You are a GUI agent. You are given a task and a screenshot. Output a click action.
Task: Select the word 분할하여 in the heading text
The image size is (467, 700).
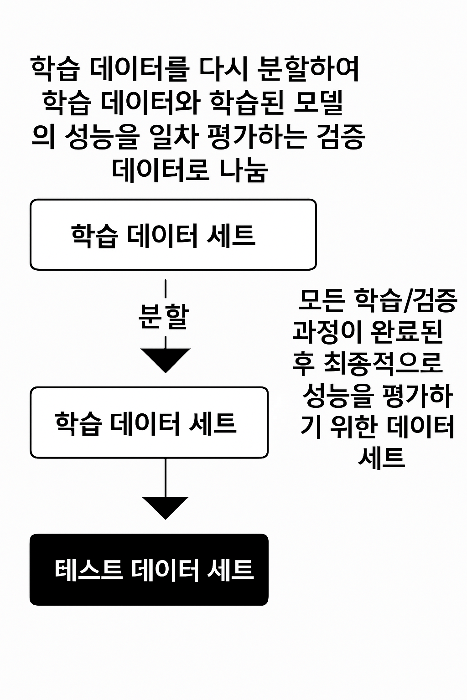(308, 69)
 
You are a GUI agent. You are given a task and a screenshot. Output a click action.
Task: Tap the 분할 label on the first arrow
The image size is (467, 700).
(164, 317)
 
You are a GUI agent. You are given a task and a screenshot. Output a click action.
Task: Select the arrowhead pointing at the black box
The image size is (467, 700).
(165, 508)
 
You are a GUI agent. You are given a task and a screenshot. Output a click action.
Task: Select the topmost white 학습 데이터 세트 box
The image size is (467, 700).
(173, 234)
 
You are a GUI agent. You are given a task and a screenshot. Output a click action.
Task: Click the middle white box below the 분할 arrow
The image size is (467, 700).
(149, 422)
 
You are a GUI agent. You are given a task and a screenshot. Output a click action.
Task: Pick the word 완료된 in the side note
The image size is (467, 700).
(406, 332)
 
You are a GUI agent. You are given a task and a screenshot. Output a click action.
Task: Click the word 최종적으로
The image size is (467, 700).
(383, 364)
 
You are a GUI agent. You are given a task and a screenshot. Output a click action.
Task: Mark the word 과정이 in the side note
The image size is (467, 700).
(327, 332)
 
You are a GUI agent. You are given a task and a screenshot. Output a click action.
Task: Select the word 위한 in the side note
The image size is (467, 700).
(353, 427)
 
